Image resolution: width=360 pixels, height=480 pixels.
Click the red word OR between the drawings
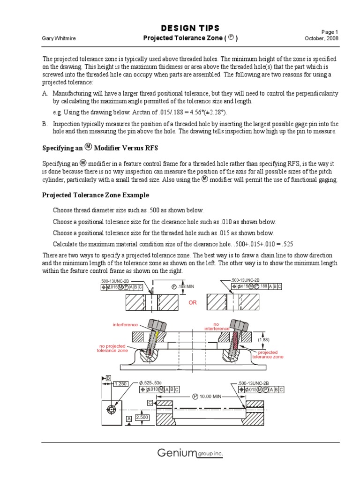[x=193, y=303]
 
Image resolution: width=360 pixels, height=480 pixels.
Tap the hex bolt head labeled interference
[x=155, y=324]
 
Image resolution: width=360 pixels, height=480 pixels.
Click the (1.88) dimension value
[x=264, y=339]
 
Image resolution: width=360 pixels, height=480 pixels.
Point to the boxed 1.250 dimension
[x=120, y=383]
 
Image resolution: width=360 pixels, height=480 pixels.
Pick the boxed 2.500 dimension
[x=141, y=417]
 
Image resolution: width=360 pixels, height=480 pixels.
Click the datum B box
[x=108, y=378]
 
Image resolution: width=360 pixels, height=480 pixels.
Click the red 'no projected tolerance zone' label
[x=112, y=348]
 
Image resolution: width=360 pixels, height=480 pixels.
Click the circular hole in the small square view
[x=111, y=409]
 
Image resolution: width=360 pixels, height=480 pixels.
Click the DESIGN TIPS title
[x=190, y=29]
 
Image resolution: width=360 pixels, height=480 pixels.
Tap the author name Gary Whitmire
[x=60, y=38]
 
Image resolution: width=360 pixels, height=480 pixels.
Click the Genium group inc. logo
[x=190, y=453]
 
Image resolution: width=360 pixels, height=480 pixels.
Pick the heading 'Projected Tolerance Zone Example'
[x=96, y=195]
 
